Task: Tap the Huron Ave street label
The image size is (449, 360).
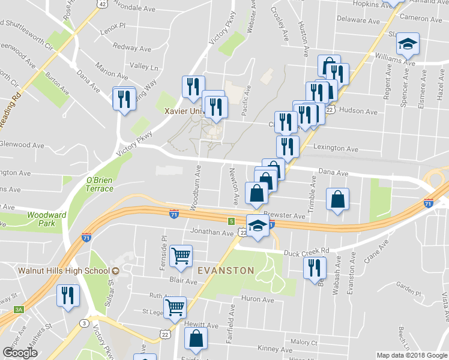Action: [x=258, y=299]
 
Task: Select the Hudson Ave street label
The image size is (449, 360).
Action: [x=358, y=111]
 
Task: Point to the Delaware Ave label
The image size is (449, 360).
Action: [x=358, y=20]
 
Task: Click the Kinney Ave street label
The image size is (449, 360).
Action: [x=274, y=349]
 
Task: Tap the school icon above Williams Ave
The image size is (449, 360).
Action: [x=408, y=44]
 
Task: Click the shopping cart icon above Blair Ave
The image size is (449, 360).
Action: [x=181, y=256]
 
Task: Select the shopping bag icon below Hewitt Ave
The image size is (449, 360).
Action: [x=196, y=339]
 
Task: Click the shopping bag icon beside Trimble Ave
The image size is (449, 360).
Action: [x=338, y=199]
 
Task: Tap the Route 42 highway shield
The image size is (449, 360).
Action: [x=103, y=4]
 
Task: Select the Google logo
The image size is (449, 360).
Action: [x=20, y=352]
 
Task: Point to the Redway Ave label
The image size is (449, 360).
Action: [x=132, y=47]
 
